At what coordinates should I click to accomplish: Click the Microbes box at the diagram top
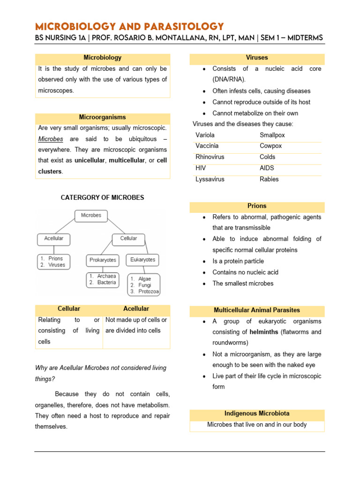click(91, 216)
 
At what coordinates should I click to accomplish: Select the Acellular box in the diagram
click(53, 239)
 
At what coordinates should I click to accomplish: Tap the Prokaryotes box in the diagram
click(103, 260)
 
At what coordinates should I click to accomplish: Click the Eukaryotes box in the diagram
click(142, 259)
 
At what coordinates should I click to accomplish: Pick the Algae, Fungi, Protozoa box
click(143, 285)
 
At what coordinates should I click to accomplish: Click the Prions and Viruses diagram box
click(53, 262)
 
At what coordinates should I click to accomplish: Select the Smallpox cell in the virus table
click(272, 135)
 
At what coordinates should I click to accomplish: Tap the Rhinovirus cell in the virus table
click(210, 157)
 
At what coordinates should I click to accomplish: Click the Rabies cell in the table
click(269, 179)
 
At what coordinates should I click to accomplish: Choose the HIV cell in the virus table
click(201, 168)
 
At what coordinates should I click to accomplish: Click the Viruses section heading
click(257, 58)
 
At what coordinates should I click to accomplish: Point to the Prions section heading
click(257, 206)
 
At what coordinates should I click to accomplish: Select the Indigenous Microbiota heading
click(257, 413)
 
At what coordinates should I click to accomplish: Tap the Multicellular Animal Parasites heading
click(257, 310)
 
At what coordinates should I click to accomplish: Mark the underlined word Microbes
click(51, 139)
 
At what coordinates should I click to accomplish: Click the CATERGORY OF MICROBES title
click(103, 198)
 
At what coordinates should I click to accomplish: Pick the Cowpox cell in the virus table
click(270, 146)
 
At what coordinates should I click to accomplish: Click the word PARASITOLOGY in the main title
click(180, 26)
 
